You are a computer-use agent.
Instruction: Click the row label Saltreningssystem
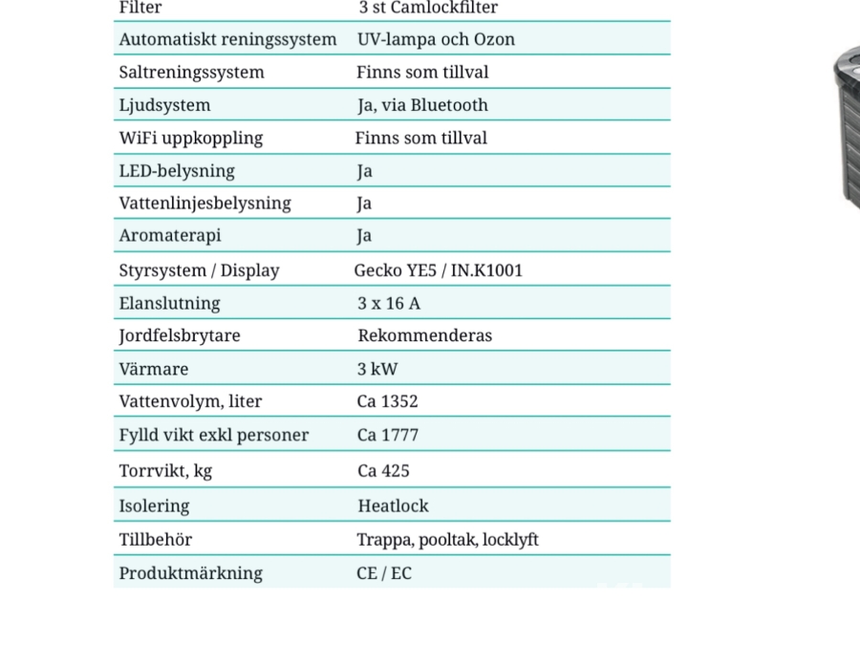(191, 73)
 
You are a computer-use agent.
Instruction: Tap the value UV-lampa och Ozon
(436, 40)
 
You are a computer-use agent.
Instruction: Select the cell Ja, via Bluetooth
(422, 105)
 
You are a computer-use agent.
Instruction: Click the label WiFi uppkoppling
(190, 138)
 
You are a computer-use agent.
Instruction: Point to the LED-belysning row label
(177, 171)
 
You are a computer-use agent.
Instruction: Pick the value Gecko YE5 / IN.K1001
(438, 270)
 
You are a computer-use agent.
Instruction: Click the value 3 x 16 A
(388, 303)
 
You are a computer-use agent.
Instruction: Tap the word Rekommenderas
(424, 335)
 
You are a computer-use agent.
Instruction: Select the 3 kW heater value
(377, 369)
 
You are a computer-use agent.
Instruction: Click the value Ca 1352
(387, 401)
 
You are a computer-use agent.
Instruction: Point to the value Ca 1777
(387, 435)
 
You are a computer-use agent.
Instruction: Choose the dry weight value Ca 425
(383, 470)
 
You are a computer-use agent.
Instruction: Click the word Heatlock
(393, 505)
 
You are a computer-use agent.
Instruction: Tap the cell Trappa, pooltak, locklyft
(447, 540)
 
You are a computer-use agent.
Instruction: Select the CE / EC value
(384, 573)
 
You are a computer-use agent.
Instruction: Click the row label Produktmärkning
(190, 573)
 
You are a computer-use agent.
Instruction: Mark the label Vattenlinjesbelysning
(204, 204)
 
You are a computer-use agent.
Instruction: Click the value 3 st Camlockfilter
(428, 8)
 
